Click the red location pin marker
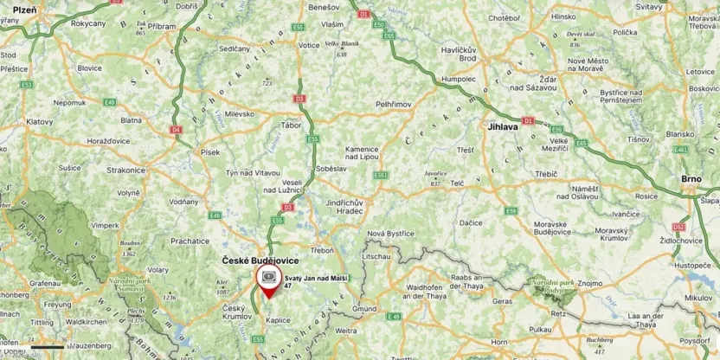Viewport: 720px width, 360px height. [268, 280]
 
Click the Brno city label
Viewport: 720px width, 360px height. [691, 178]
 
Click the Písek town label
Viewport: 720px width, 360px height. [210, 151]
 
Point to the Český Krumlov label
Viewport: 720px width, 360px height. [235, 313]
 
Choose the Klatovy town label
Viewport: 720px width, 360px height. [40, 122]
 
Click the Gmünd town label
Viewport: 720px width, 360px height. [363, 309]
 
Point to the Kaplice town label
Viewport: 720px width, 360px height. [278, 320]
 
